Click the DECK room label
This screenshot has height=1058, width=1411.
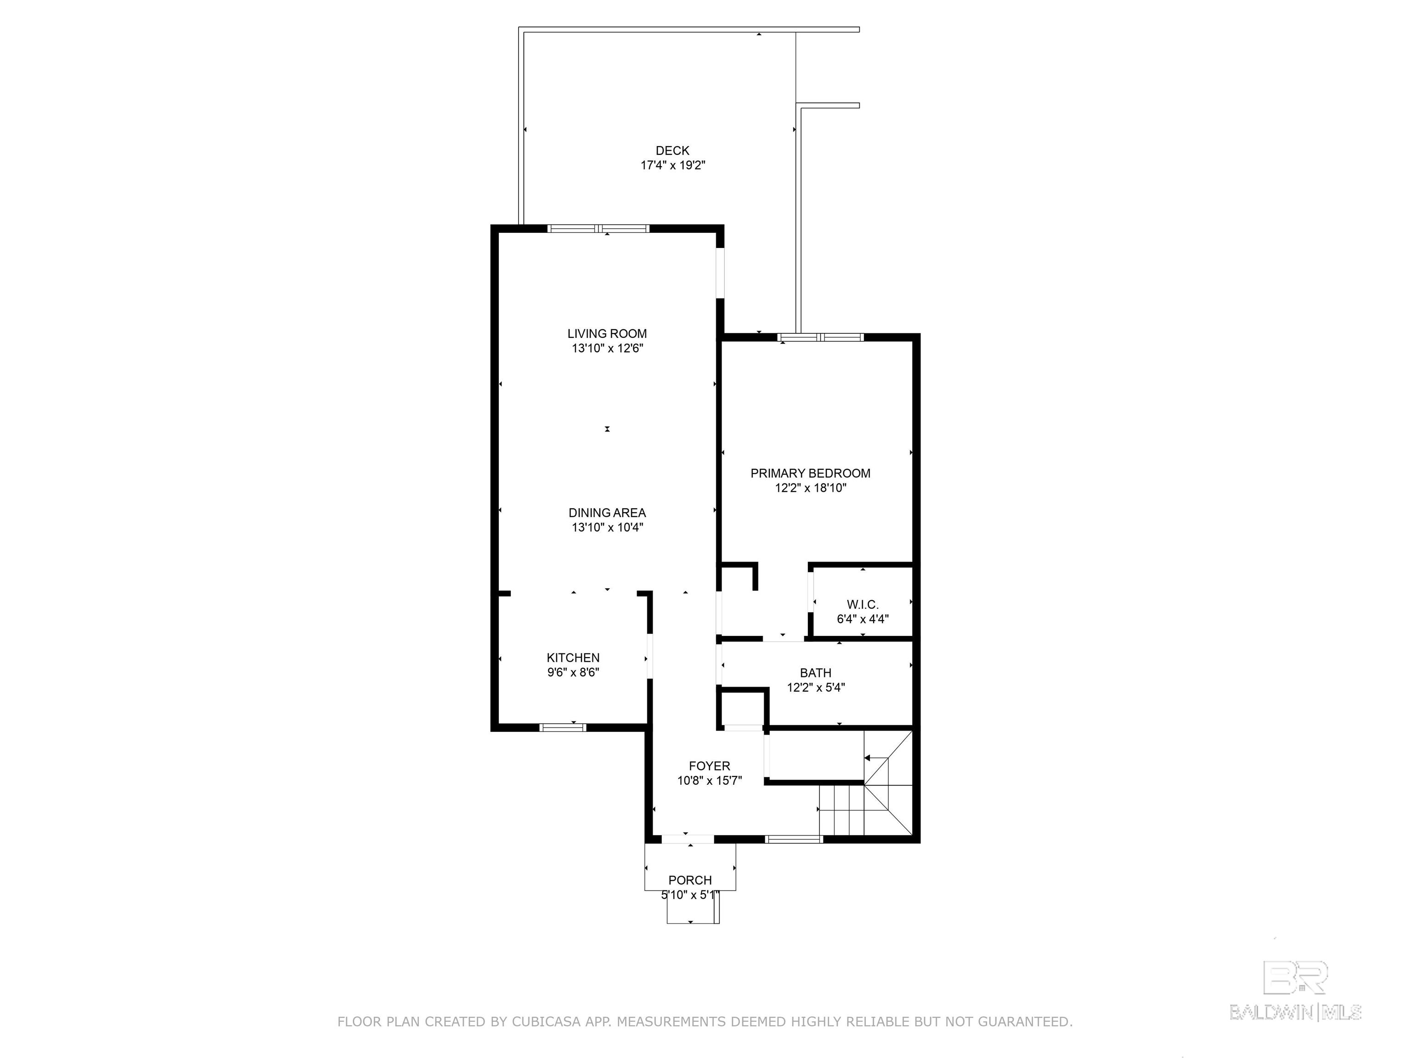point(672,151)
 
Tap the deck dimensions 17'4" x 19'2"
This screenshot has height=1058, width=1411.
point(672,165)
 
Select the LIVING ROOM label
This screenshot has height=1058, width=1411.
point(607,333)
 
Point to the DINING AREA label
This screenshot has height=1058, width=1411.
point(607,513)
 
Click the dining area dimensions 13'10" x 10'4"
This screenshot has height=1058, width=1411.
point(607,528)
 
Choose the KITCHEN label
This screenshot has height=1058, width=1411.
point(573,658)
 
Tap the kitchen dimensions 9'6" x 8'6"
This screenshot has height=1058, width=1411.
point(573,672)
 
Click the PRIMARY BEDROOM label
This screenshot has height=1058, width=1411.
point(810,473)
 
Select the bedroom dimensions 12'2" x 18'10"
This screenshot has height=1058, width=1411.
point(810,488)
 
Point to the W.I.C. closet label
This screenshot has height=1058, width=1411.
point(863,605)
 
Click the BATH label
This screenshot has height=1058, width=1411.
point(816,673)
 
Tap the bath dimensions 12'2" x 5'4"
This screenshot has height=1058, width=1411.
point(816,687)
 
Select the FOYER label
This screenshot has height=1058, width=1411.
point(709,766)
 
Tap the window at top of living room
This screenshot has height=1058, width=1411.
point(598,228)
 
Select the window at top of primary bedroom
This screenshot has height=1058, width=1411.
point(820,338)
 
